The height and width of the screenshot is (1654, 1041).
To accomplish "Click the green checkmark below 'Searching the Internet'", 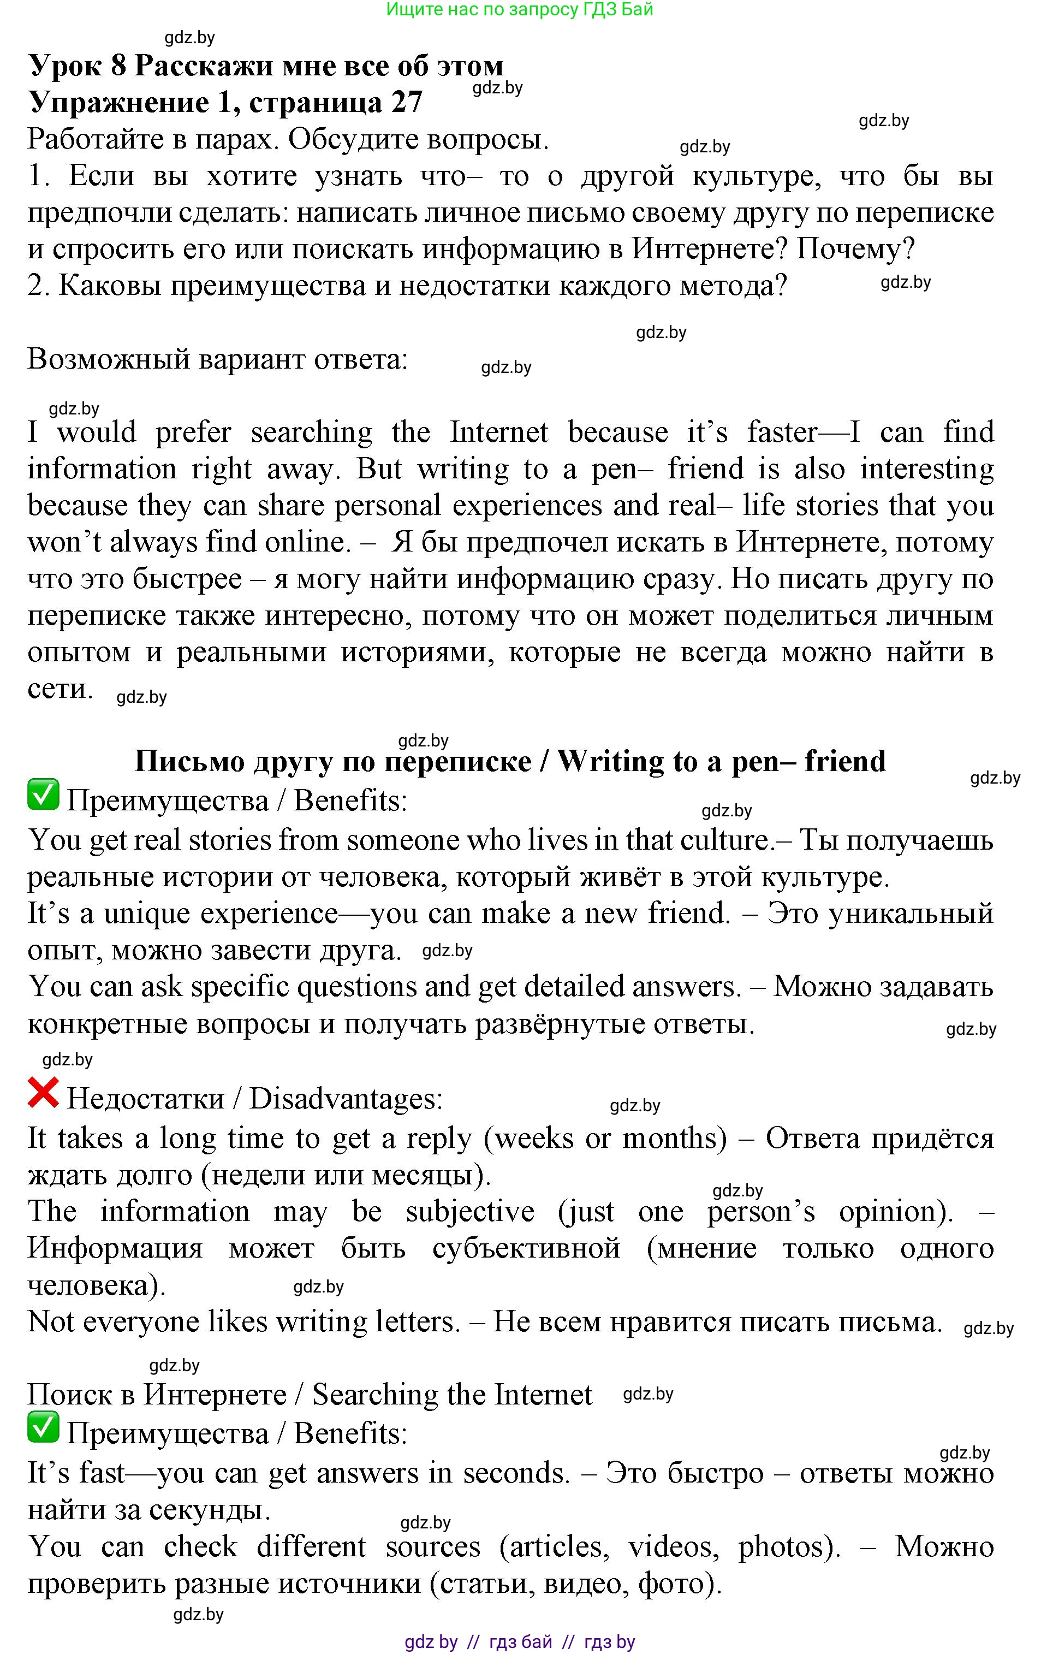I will point(43,1428).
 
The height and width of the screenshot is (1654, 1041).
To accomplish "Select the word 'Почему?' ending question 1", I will point(855,248).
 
